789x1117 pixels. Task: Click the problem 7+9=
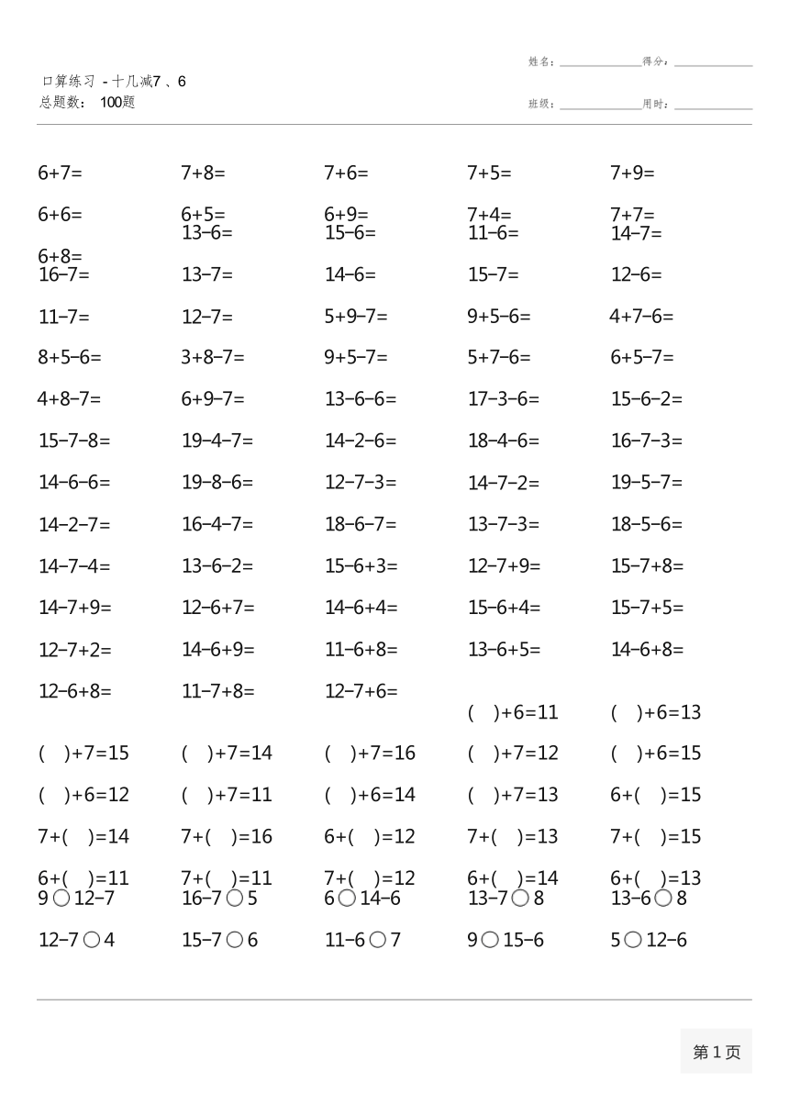tap(632, 173)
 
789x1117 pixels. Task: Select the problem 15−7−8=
tap(73, 441)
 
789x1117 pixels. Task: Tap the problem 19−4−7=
tap(217, 441)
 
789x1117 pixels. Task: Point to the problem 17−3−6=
tap(503, 399)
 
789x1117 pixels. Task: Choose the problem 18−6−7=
tap(361, 524)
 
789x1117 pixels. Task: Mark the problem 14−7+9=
tap(74, 607)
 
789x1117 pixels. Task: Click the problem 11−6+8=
tap(361, 649)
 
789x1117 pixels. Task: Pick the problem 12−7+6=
tap(361, 691)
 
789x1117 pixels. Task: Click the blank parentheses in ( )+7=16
tap(337, 754)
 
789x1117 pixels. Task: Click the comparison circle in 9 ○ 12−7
tap(61, 899)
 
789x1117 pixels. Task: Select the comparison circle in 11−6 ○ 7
tap(378, 940)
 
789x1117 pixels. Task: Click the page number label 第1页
tap(716, 1052)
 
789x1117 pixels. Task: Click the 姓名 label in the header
tap(540, 62)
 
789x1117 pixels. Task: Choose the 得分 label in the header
tap(655, 62)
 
